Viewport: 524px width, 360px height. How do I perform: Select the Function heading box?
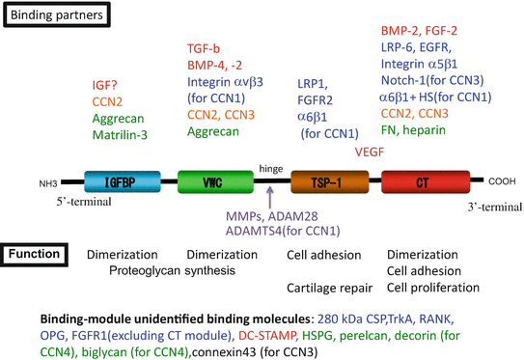tap(35, 254)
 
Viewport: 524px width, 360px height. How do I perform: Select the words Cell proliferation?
tap(431, 288)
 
